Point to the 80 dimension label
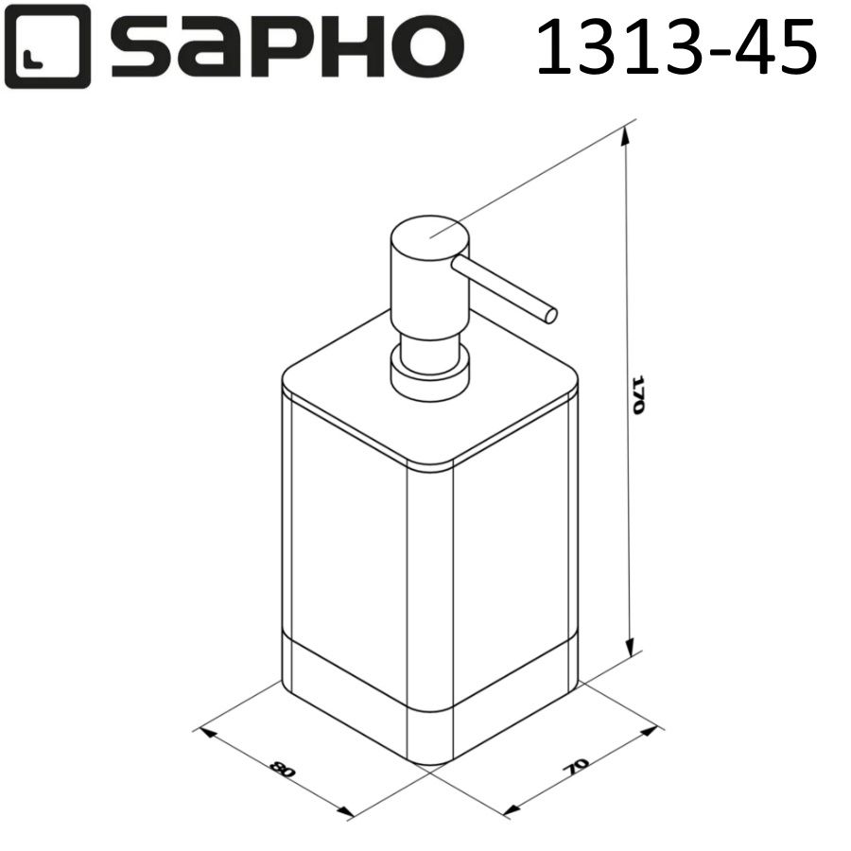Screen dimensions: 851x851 [x=281, y=769]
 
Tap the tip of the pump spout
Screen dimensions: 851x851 [x=549, y=314]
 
